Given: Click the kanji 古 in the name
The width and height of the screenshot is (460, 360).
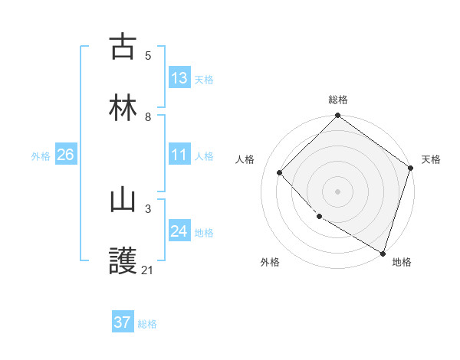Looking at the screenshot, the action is (123, 47).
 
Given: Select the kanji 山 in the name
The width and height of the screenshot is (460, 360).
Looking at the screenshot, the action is (123, 201).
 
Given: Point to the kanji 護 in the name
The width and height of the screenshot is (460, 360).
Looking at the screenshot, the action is (123, 261).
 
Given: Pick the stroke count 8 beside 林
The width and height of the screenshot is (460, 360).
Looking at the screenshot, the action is (148, 116).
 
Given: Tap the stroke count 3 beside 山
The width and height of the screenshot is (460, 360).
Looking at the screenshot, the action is (148, 208).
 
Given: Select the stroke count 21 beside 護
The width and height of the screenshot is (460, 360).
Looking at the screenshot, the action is (148, 270).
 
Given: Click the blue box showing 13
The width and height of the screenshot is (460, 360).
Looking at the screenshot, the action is (179, 78).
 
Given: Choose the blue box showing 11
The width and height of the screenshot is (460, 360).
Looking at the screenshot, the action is (179, 155).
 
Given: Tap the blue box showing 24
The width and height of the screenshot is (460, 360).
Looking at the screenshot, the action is (179, 232).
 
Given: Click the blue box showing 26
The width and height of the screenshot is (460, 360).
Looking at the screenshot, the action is (65, 155).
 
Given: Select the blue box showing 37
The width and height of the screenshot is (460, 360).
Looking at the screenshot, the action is (123, 322).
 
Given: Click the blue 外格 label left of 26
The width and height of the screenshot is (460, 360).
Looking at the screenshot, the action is (41, 156).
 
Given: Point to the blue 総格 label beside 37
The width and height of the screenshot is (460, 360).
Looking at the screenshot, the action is (147, 324).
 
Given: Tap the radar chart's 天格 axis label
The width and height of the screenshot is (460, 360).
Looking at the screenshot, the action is (432, 159).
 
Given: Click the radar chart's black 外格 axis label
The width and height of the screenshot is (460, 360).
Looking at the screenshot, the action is (270, 262).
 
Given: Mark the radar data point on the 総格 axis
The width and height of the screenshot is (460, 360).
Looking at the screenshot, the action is (337, 116).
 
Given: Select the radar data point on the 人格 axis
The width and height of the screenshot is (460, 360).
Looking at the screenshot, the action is (280, 172).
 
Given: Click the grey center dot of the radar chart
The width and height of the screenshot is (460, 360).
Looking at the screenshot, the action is (337, 191).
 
